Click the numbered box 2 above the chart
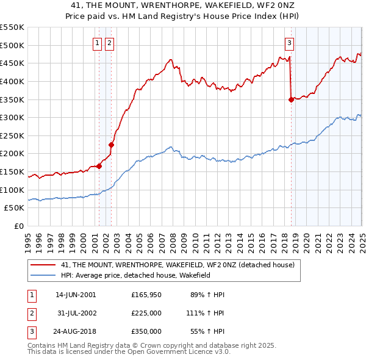click(109, 43)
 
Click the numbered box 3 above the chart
click(289, 43)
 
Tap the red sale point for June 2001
click(99, 166)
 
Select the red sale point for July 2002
click(112, 145)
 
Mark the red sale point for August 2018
click(291, 99)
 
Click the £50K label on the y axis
click(14, 208)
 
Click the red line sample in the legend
click(43, 265)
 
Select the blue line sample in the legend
click(43, 276)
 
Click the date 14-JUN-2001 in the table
click(75, 295)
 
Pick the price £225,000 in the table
click(146, 314)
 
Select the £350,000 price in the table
click(146, 333)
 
